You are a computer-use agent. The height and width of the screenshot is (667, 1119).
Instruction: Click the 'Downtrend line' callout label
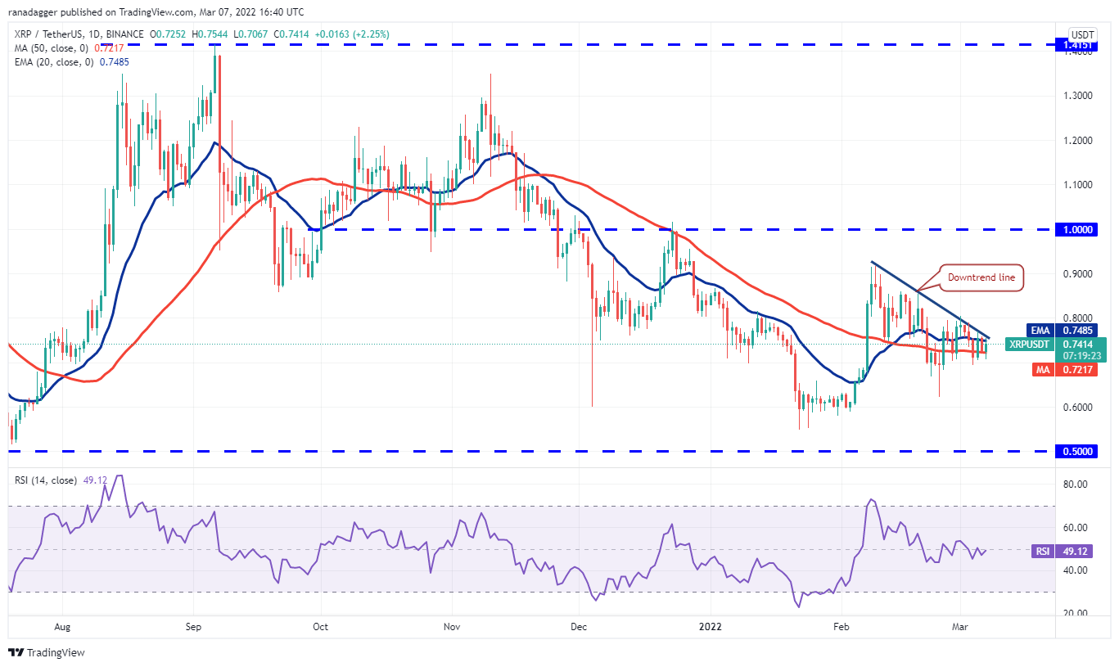[981, 277]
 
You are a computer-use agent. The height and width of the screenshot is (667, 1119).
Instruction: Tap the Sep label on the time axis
[193, 627]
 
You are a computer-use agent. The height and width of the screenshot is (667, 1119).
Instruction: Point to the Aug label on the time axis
[62, 627]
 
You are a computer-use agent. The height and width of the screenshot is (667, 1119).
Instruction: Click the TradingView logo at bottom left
[47, 652]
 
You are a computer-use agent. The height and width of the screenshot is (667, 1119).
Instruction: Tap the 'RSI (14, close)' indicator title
[47, 480]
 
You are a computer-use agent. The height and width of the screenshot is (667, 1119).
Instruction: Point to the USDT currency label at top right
[1083, 34]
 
